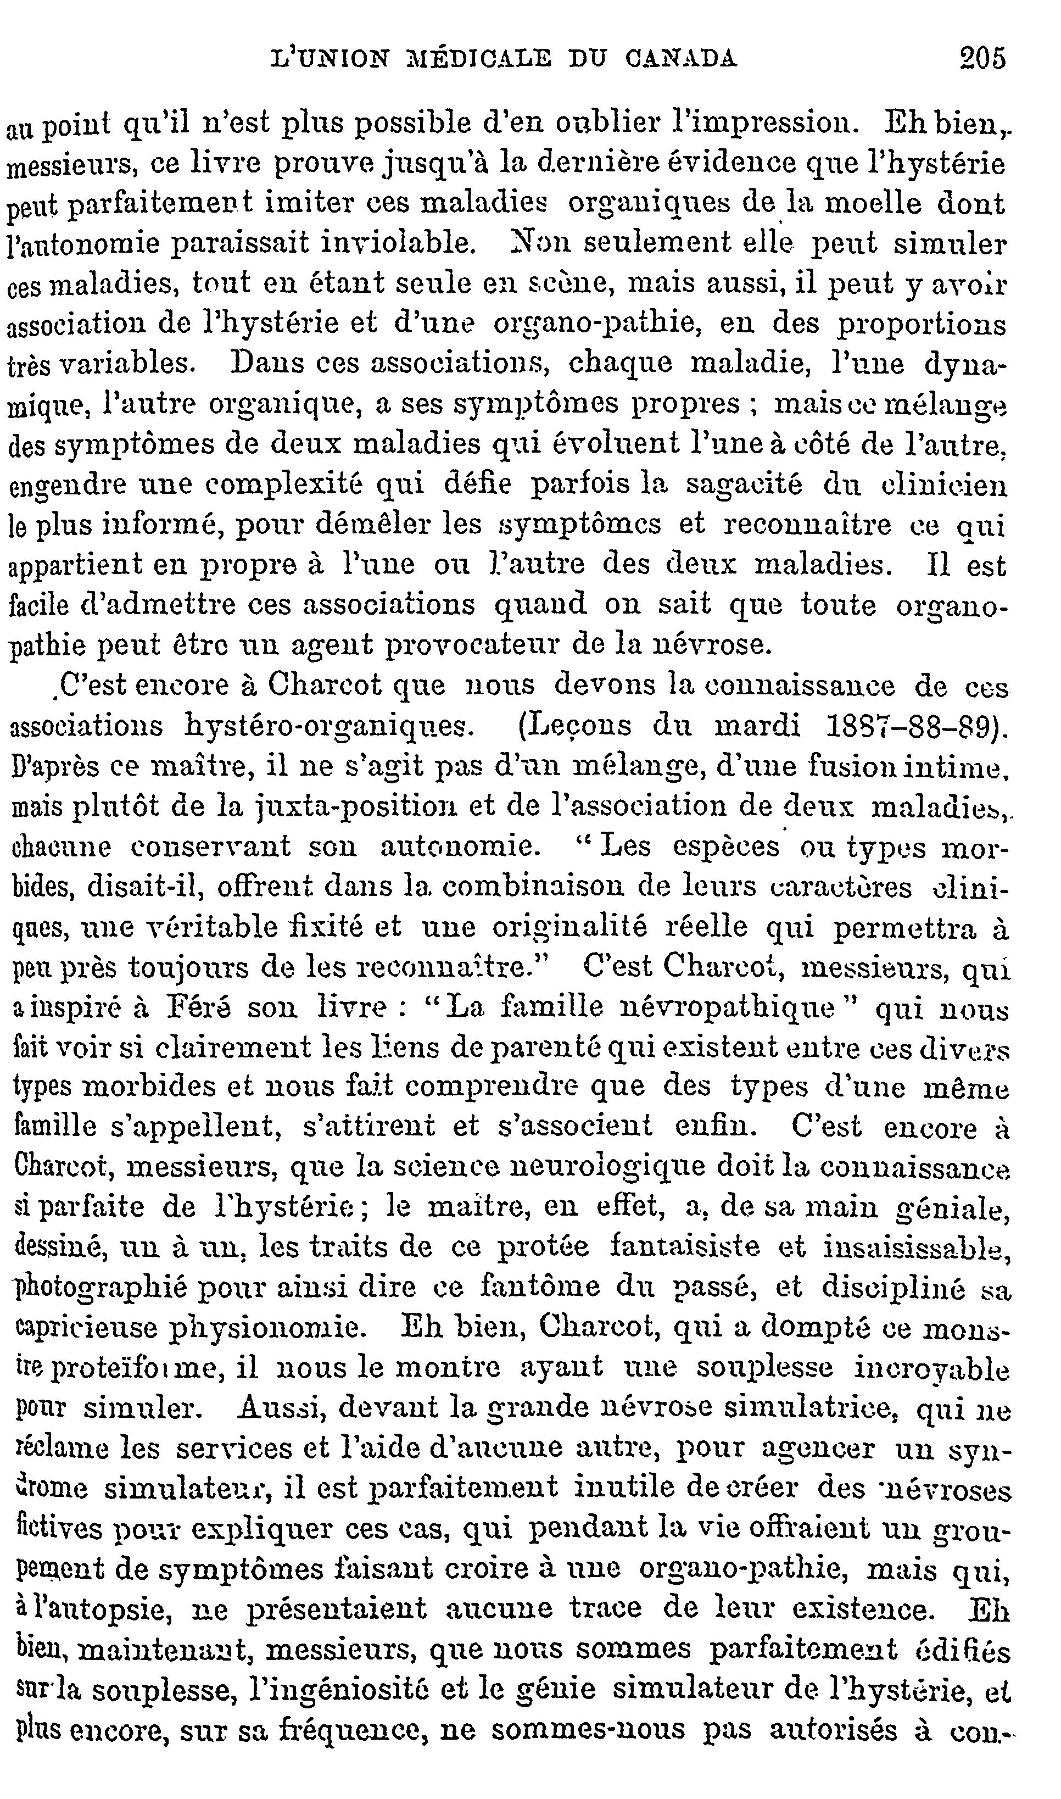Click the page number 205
click(x=982, y=58)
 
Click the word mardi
click(x=758, y=726)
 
